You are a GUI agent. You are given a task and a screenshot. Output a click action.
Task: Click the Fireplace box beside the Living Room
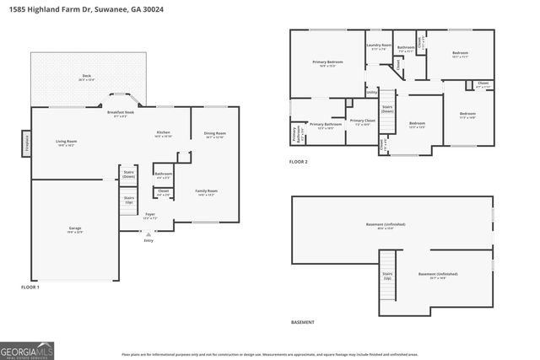(26, 143)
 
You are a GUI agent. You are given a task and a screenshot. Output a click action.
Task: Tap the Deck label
(87, 76)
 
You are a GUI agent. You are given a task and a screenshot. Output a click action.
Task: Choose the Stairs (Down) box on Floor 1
(129, 175)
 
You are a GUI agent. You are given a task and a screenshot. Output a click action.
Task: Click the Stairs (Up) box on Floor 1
(129, 201)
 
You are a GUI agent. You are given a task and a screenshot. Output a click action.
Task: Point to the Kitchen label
(164, 133)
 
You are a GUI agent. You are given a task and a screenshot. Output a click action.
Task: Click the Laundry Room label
(379, 45)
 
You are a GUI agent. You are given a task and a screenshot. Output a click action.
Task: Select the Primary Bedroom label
(327, 62)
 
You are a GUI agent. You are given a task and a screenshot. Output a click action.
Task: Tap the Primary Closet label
(362, 121)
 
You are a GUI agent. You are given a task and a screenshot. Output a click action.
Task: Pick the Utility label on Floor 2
(371, 93)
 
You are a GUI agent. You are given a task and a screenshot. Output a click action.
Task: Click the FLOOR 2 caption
(299, 161)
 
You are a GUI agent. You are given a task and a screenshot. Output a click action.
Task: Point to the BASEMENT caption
(302, 322)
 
